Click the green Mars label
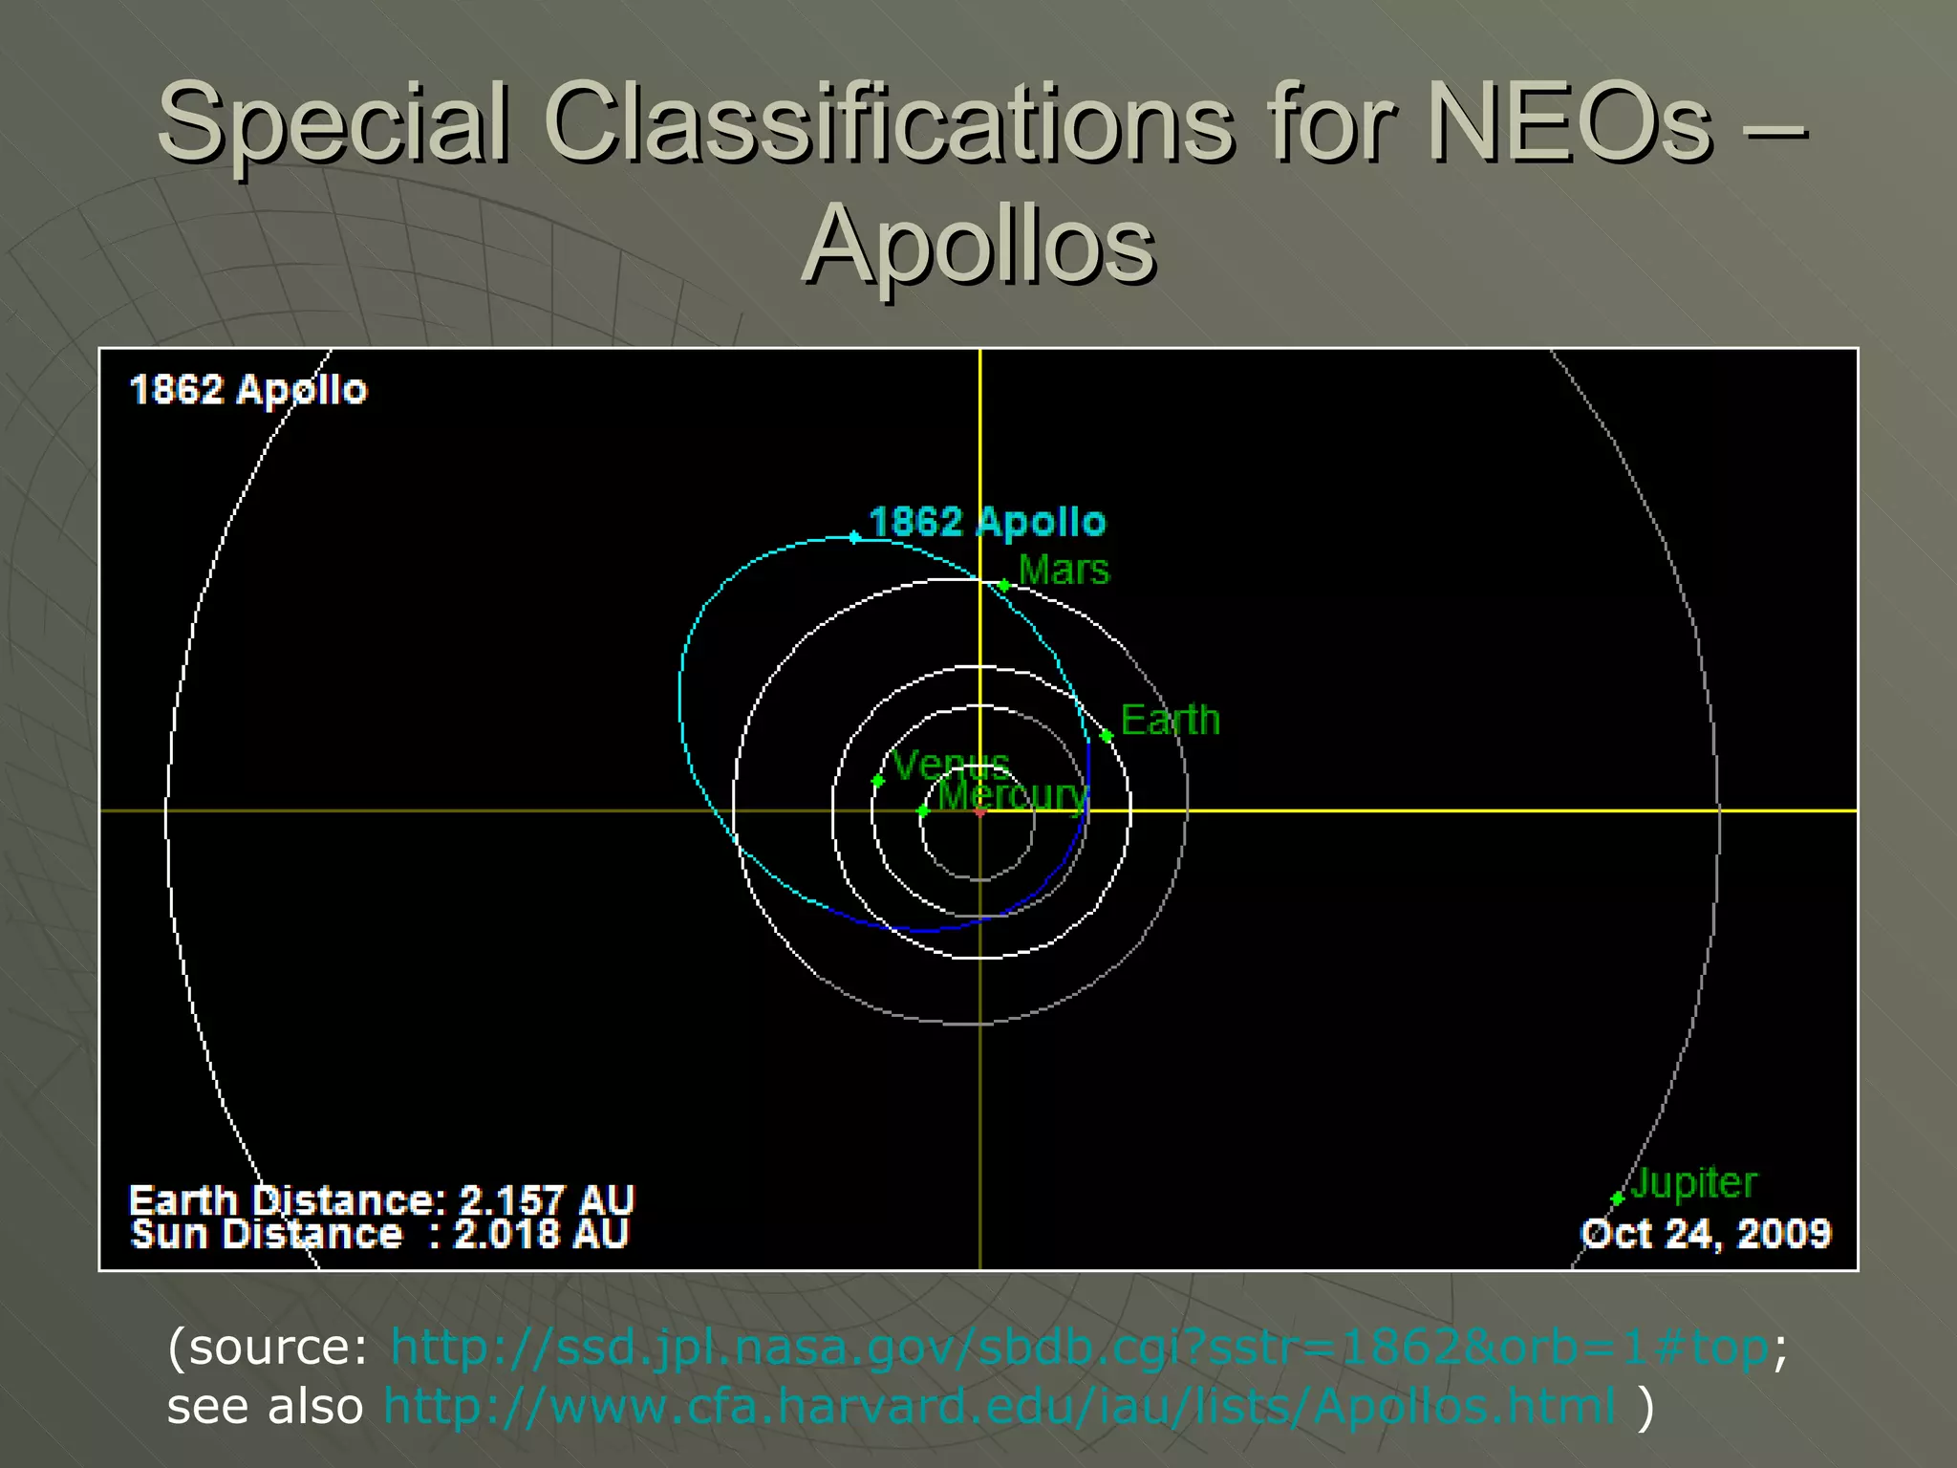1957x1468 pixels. click(x=1064, y=571)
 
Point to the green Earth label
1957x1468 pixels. click(x=1170, y=720)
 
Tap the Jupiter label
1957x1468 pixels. click(x=1693, y=1183)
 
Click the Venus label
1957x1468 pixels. click(x=950, y=764)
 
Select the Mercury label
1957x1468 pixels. click(x=1012, y=795)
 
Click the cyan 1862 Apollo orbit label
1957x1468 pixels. click(x=986, y=522)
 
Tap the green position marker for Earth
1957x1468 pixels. click(x=1107, y=736)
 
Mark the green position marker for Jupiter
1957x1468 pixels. click(x=1617, y=1198)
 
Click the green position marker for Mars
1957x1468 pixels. click(x=1003, y=585)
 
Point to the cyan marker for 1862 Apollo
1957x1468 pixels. click(x=854, y=538)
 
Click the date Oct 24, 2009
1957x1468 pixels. click(x=1706, y=1234)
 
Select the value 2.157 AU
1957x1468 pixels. click(x=547, y=1200)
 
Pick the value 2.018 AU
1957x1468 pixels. click(x=541, y=1234)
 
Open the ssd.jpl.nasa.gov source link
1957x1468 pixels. click(x=1080, y=1348)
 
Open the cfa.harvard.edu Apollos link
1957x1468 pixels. click(x=1000, y=1406)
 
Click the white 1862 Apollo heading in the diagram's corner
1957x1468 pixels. click(x=248, y=390)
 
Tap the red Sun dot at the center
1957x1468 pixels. click(x=980, y=811)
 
